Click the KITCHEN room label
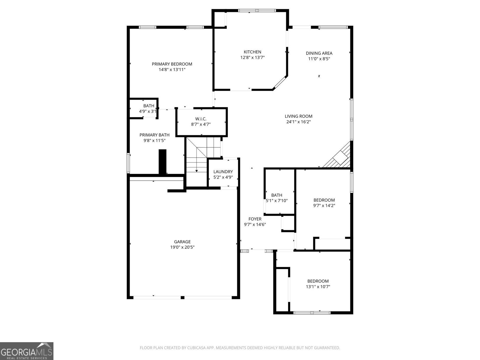tap(252, 52)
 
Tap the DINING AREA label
tap(319, 53)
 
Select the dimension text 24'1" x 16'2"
tap(298, 122)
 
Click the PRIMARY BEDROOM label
tap(172, 64)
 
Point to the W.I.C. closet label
tap(201, 119)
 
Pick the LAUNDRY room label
tap(223, 172)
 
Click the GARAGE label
tap(182, 242)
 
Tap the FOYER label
tap(255, 219)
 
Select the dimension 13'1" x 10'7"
tap(318, 286)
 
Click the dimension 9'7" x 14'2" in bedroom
tap(324, 205)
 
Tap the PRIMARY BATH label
tap(154, 135)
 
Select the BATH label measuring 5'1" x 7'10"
tap(277, 195)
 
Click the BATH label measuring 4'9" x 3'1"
tap(148, 106)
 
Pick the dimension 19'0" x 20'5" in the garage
tap(182, 247)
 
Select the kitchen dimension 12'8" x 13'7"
tap(252, 57)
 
